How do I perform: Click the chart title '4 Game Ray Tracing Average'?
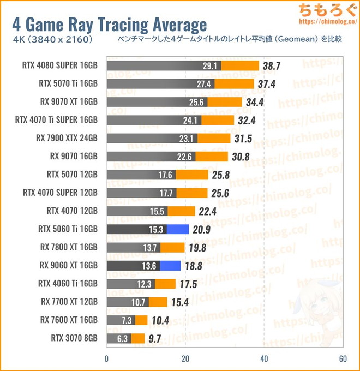tap(109, 25)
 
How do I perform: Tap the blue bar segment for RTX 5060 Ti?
tap(177, 230)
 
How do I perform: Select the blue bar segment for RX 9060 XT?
tap(170, 266)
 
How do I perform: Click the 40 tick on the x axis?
tap(264, 359)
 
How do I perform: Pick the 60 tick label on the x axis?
tap(343, 359)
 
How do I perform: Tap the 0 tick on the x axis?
tap(107, 359)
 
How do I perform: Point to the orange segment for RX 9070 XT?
tap(225, 102)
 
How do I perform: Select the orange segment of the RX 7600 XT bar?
tap(141, 320)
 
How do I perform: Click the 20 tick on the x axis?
tap(185, 359)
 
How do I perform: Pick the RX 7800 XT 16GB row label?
tap(69, 248)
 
